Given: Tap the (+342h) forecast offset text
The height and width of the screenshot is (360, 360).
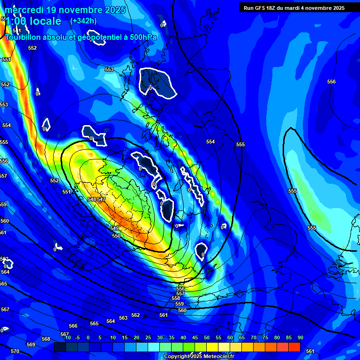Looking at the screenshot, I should click(x=83, y=21).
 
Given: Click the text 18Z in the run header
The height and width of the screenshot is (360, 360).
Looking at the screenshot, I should click(x=271, y=8).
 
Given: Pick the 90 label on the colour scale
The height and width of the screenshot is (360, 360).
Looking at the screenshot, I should click(x=300, y=337).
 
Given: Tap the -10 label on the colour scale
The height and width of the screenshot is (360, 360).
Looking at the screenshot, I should click(x=67, y=337).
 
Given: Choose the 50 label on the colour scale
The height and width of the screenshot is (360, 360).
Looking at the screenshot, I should click(x=207, y=337).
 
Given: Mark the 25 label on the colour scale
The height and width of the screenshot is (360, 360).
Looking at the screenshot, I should click(x=148, y=337).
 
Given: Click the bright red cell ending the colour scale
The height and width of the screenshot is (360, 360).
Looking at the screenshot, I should click(x=294, y=347).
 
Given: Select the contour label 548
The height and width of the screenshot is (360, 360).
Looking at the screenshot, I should click(x=92, y=199).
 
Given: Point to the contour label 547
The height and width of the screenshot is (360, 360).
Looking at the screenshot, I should click(x=101, y=199).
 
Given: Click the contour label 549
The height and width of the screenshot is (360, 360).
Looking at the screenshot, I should click(x=114, y=228).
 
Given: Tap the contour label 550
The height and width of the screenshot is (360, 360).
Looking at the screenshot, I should click(x=116, y=236).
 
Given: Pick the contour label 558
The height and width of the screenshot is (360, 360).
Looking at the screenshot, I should click(x=175, y=298).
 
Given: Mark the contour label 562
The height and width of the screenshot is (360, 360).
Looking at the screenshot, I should click(x=135, y=315).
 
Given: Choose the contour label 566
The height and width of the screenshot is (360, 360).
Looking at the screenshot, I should click(x=73, y=326).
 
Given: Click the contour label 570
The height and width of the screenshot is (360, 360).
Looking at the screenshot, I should click(x=15, y=351).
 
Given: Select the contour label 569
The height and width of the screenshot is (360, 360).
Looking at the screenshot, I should click(x=31, y=345).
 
